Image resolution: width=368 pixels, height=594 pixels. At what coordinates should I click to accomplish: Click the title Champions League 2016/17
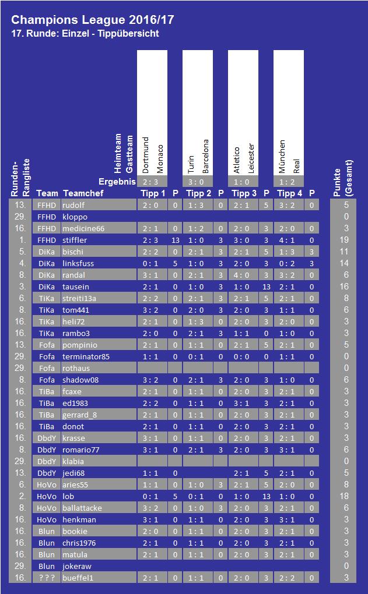pos(93,20)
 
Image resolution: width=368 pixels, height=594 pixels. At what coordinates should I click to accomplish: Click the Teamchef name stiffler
pos(75,240)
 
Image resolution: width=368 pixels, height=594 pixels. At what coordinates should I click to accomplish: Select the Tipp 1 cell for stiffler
pos(150,240)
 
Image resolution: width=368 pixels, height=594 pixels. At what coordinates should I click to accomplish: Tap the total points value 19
pos(344,240)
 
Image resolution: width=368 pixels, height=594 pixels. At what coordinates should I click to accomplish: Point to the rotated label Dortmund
pos(145,155)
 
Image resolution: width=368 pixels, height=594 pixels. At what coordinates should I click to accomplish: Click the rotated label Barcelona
pos(205,157)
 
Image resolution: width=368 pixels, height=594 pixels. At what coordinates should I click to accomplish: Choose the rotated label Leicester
pos(251,158)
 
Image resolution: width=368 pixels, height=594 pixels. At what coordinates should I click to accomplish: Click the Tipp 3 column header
pos(244,193)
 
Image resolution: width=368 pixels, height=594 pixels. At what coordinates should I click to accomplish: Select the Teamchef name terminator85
pos(86,356)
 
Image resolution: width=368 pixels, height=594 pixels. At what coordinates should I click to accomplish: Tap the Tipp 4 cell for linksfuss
pos(287,263)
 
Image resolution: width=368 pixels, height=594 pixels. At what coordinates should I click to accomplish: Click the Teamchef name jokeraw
pos(77,567)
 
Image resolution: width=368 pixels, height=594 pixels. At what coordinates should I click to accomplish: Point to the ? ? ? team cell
pos(47,578)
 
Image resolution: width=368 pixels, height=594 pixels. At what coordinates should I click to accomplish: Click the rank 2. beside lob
pos(23,496)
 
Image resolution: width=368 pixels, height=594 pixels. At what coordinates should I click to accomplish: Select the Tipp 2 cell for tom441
pos(196,310)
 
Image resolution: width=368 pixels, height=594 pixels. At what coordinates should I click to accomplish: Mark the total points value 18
pos(344,496)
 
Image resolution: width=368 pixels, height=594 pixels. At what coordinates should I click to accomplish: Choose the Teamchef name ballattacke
pos(82,508)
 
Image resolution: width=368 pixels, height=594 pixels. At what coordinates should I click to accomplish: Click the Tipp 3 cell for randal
pos(241,275)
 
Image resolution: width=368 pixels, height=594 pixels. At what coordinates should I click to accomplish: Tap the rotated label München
pos(282,157)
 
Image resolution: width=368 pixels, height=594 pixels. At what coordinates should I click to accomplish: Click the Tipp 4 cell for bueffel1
pos(287,578)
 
